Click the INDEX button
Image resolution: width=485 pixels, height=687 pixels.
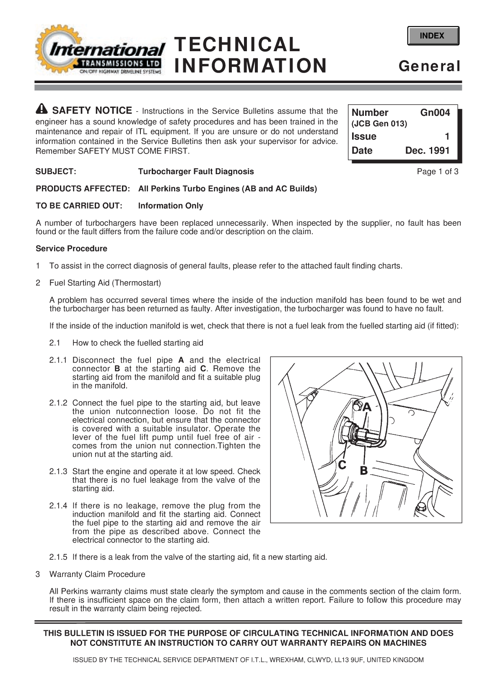pyautogui.click(x=433, y=36)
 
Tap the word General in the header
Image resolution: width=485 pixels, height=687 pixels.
pyautogui.click(x=429, y=66)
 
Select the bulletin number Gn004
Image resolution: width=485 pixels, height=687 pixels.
pyautogui.click(x=435, y=112)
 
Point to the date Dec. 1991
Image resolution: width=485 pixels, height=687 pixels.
pyautogui.click(x=427, y=151)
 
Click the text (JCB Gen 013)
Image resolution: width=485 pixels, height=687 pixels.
pyautogui.click(x=379, y=124)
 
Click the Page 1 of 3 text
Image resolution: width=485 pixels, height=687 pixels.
pyautogui.click(x=437, y=171)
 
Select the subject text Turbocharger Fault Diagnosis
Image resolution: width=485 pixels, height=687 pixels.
pyautogui.click(x=196, y=171)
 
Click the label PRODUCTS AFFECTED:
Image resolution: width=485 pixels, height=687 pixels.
pyautogui.click(x=83, y=188)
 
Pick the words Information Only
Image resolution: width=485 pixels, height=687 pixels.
pyautogui.click(x=170, y=206)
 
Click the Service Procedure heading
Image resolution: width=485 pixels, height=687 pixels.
pyautogui.click(x=71, y=248)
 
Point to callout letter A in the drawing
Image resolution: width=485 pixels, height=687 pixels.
pyautogui.click(x=366, y=407)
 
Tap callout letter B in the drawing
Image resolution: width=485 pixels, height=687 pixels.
pyautogui.click(x=363, y=471)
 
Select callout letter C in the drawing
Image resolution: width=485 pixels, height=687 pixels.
pyautogui.click(x=342, y=465)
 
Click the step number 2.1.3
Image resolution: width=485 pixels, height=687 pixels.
pyautogui.click(x=58, y=471)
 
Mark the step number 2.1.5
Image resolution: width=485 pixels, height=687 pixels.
pyautogui.click(x=58, y=557)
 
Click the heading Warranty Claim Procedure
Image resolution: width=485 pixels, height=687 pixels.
pyautogui.click(x=97, y=574)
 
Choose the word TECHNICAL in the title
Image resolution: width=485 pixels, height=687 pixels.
pyautogui.click(x=237, y=44)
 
